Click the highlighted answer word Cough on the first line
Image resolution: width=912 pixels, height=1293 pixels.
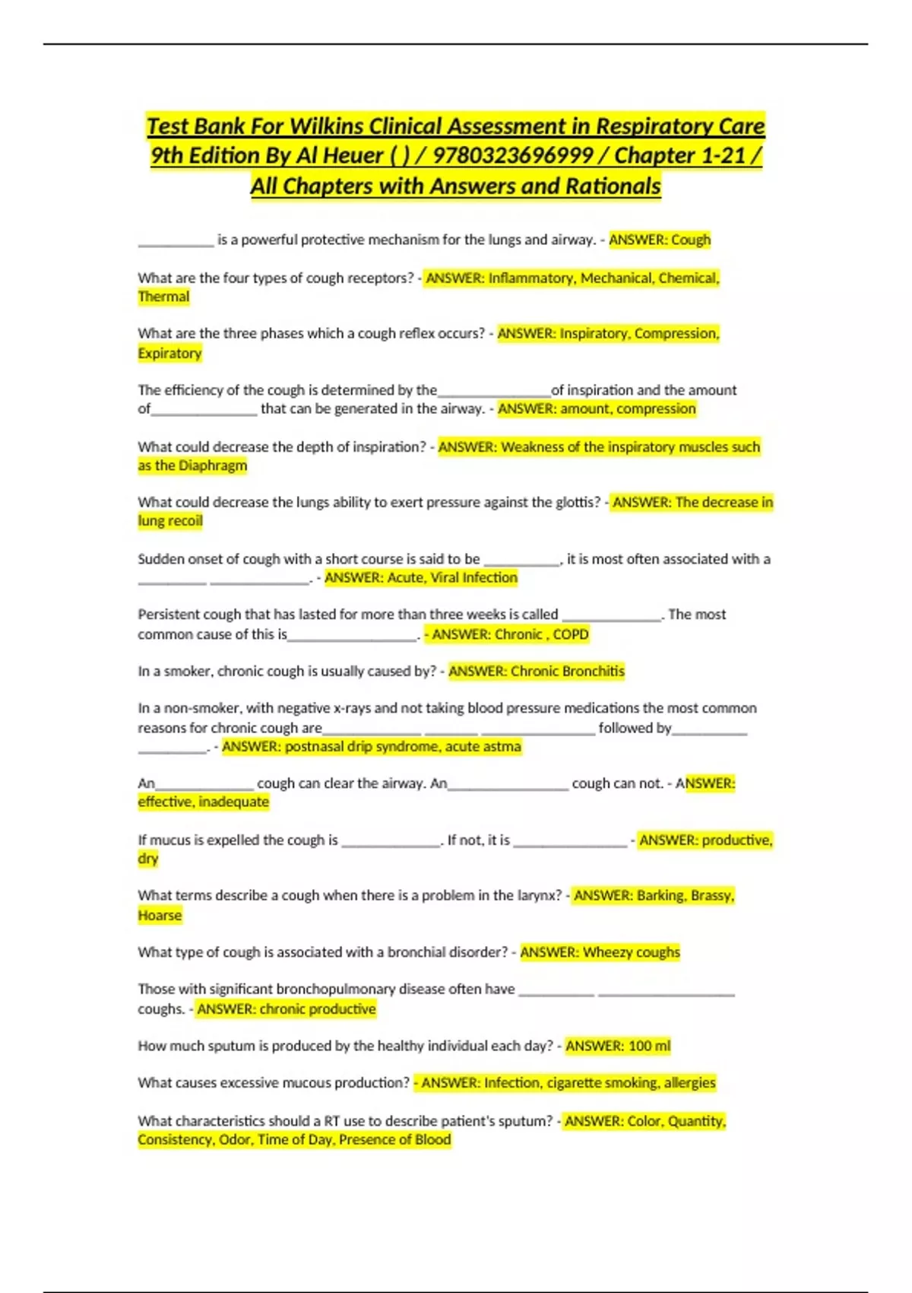(x=691, y=240)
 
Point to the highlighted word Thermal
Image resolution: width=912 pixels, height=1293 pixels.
(x=163, y=297)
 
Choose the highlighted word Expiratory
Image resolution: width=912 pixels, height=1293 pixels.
(x=169, y=353)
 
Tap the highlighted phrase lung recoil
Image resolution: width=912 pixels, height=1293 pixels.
(x=170, y=521)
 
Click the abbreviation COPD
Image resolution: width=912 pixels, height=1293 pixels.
(x=571, y=634)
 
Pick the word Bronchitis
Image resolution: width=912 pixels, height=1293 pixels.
(x=594, y=672)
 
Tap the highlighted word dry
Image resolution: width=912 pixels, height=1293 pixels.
(x=148, y=859)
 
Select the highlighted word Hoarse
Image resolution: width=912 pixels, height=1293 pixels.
(x=160, y=915)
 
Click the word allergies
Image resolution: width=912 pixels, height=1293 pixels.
(x=689, y=1083)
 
